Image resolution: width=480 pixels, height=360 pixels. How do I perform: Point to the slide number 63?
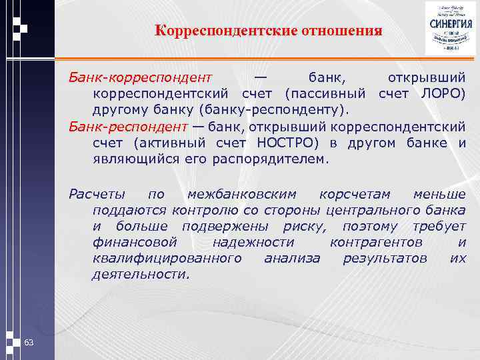[29, 342]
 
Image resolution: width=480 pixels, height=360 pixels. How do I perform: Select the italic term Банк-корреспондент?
[141, 79]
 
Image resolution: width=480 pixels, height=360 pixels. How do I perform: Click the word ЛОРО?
[444, 94]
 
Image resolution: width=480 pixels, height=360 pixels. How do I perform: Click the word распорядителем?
[270, 159]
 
